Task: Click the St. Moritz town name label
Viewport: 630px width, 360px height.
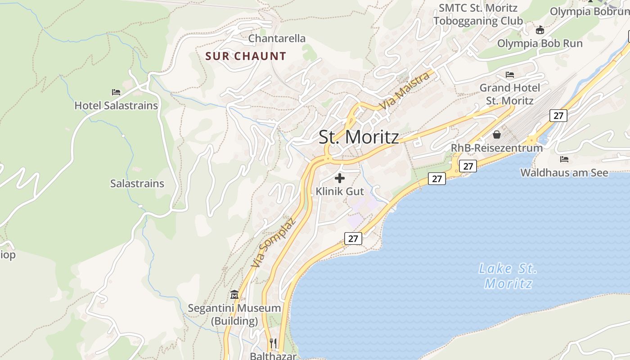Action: pyautogui.click(x=359, y=137)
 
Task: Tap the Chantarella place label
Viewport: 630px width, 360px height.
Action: pyautogui.click(x=277, y=39)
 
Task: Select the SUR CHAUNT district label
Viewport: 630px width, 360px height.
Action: pyautogui.click(x=246, y=56)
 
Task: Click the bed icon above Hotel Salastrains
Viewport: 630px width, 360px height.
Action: pyautogui.click(x=116, y=92)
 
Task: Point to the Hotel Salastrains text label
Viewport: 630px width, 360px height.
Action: pyautogui.click(x=116, y=106)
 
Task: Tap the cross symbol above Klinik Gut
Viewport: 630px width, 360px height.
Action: pyautogui.click(x=340, y=178)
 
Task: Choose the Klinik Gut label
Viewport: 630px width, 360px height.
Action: pyautogui.click(x=340, y=191)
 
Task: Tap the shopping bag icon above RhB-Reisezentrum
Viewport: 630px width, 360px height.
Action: pyautogui.click(x=497, y=134)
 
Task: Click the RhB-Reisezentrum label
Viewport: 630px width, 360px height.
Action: pyautogui.click(x=497, y=148)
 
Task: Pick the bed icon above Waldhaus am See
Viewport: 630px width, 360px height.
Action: pyautogui.click(x=564, y=159)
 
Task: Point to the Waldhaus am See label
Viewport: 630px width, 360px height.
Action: pyautogui.click(x=564, y=173)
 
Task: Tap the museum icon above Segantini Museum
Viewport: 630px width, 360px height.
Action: pyautogui.click(x=234, y=295)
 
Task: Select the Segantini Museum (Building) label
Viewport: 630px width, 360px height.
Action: pyautogui.click(x=234, y=315)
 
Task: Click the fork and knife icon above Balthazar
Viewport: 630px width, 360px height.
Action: pyautogui.click(x=273, y=343)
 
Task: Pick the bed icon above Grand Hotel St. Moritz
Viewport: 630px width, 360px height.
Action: pyautogui.click(x=510, y=74)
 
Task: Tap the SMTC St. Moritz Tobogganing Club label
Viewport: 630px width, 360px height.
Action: pyautogui.click(x=478, y=14)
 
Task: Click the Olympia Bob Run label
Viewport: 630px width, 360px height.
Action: pyautogui.click(x=540, y=44)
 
